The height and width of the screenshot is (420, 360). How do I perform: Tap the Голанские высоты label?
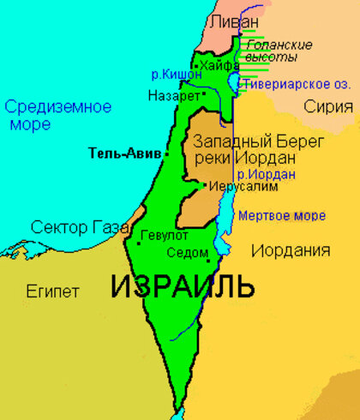[x=271, y=51]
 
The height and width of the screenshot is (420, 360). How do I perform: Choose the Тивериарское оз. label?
[x=291, y=85]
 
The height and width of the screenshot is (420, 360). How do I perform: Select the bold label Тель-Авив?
[x=125, y=154]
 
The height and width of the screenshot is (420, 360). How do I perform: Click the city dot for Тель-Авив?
[x=166, y=154]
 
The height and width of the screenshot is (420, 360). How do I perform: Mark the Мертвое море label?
[x=281, y=215]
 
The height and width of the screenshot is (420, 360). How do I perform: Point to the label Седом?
[x=189, y=253]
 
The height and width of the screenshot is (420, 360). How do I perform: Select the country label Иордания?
[x=291, y=250]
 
